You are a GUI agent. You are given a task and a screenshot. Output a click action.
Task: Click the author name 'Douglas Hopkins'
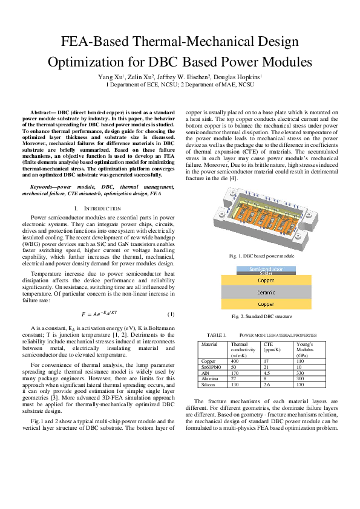[x=238, y=77]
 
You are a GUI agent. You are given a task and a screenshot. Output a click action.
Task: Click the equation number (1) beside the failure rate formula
[x=171, y=314]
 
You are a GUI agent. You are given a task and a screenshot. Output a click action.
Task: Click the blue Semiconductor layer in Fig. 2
[x=266, y=268]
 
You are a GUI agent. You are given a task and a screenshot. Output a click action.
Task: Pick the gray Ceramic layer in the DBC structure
[x=266, y=292]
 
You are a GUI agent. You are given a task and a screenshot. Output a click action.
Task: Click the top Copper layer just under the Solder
[x=266, y=280]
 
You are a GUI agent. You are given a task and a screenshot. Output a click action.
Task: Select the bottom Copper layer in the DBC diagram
[x=266, y=304]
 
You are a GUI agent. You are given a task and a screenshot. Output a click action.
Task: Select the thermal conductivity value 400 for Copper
[x=235, y=361]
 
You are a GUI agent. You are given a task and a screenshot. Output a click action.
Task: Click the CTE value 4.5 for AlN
[x=267, y=372]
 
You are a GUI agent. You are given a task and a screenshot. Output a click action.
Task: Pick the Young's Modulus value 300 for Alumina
[x=299, y=378]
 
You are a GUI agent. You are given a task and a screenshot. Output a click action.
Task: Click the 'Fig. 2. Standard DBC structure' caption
[x=261, y=316]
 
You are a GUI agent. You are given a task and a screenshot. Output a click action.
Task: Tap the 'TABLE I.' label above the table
[x=217, y=334]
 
